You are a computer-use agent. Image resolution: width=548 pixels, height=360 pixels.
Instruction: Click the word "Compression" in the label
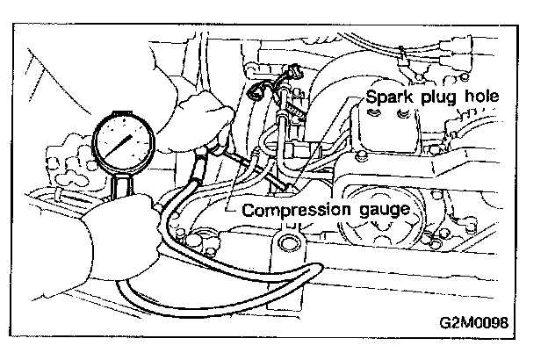click(290, 211)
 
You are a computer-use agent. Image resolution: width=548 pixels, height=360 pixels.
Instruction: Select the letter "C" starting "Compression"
click(249, 211)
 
